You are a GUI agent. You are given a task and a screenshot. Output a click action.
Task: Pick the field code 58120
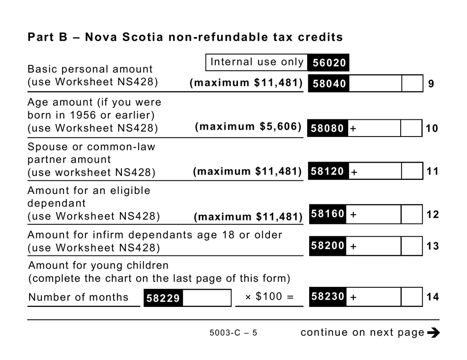328,172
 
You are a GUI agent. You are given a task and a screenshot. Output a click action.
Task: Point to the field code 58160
328,215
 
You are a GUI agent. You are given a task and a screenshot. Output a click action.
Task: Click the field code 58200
328,246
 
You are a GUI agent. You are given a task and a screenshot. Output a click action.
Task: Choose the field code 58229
163,298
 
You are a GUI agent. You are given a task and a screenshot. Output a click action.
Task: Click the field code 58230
328,297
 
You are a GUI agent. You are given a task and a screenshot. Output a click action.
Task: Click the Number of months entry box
206,298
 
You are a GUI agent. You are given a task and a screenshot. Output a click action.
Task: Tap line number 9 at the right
431,84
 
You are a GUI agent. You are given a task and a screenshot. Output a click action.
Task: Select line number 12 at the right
433,215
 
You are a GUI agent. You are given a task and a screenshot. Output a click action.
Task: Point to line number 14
433,297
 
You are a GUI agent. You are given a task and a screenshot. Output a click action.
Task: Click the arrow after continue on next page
434,333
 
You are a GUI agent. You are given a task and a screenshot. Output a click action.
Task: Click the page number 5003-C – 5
233,333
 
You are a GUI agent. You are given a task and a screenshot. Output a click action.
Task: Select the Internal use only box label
257,62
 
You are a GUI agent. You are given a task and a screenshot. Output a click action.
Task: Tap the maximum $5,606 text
248,127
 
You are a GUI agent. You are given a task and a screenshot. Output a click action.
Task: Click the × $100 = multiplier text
269,297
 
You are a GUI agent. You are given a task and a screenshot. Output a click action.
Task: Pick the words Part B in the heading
47,37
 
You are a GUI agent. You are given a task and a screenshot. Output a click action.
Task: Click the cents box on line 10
411,129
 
